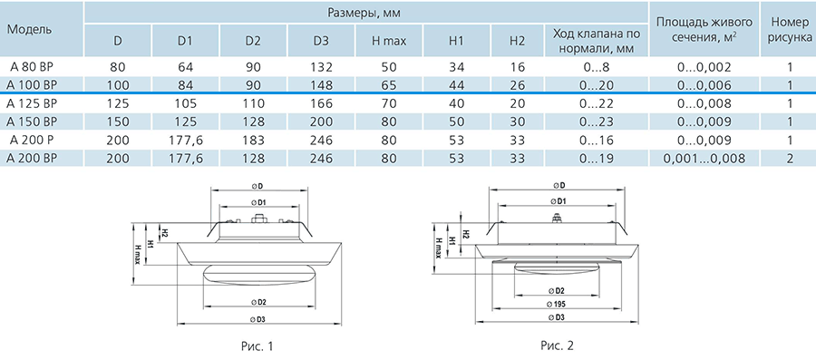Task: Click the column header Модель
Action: pos(29,29)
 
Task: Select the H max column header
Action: pos(389,41)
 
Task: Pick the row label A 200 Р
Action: pos(29,140)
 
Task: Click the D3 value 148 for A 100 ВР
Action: pos(321,85)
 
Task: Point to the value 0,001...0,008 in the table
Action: pos(704,158)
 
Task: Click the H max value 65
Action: pos(389,85)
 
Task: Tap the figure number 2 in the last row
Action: pos(790,158)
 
